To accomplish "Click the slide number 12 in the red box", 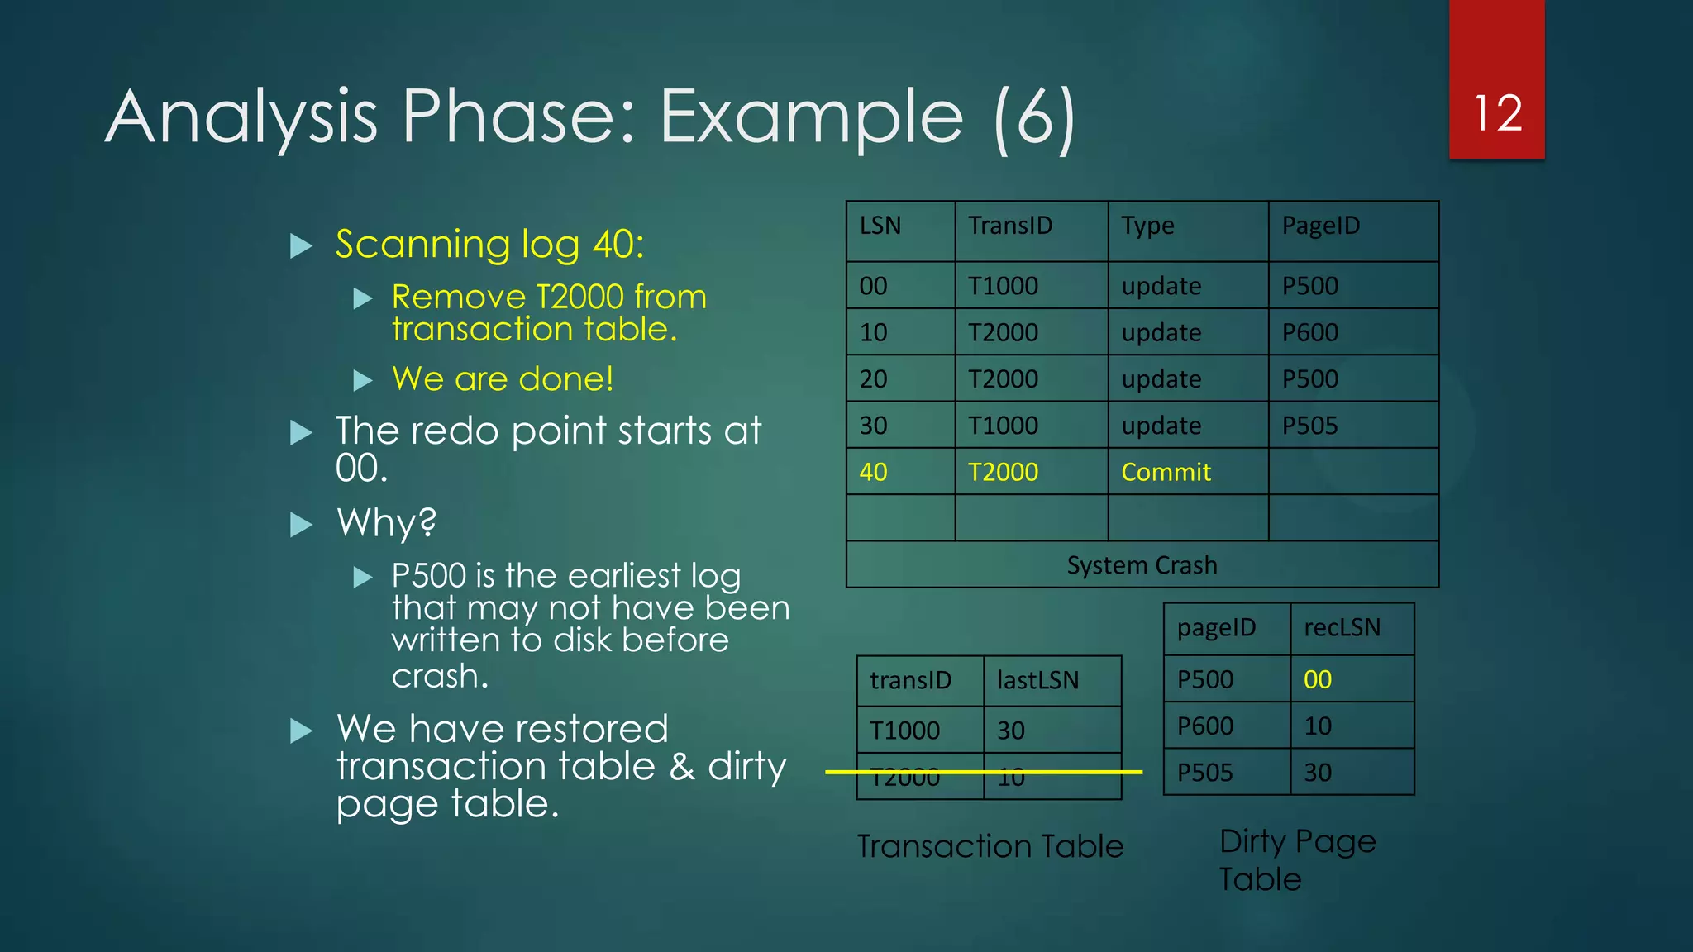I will point(1497,113).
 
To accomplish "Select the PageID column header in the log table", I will point(1320,226).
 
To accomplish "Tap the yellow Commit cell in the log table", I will point(1166,472).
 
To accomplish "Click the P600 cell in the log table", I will point(1309,332).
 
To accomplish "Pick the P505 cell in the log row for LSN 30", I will point(1309,426).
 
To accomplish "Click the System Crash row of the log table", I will point(1142,565).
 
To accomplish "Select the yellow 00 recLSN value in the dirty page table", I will point(1317,679).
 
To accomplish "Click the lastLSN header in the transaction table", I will point(1037,680).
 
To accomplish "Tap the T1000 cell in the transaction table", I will point(904,731).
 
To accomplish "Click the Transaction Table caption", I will point(990,846).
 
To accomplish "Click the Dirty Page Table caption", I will point(1296,859).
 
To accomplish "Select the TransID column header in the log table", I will point(1010,226).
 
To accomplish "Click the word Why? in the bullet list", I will point(386,522).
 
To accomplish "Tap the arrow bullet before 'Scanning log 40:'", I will point(302,245).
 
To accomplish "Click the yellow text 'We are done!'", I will point(503,378).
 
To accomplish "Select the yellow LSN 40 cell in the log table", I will point(873,472).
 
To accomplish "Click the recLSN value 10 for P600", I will point(1317,726).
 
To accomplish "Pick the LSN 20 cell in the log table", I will point(873,379).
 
